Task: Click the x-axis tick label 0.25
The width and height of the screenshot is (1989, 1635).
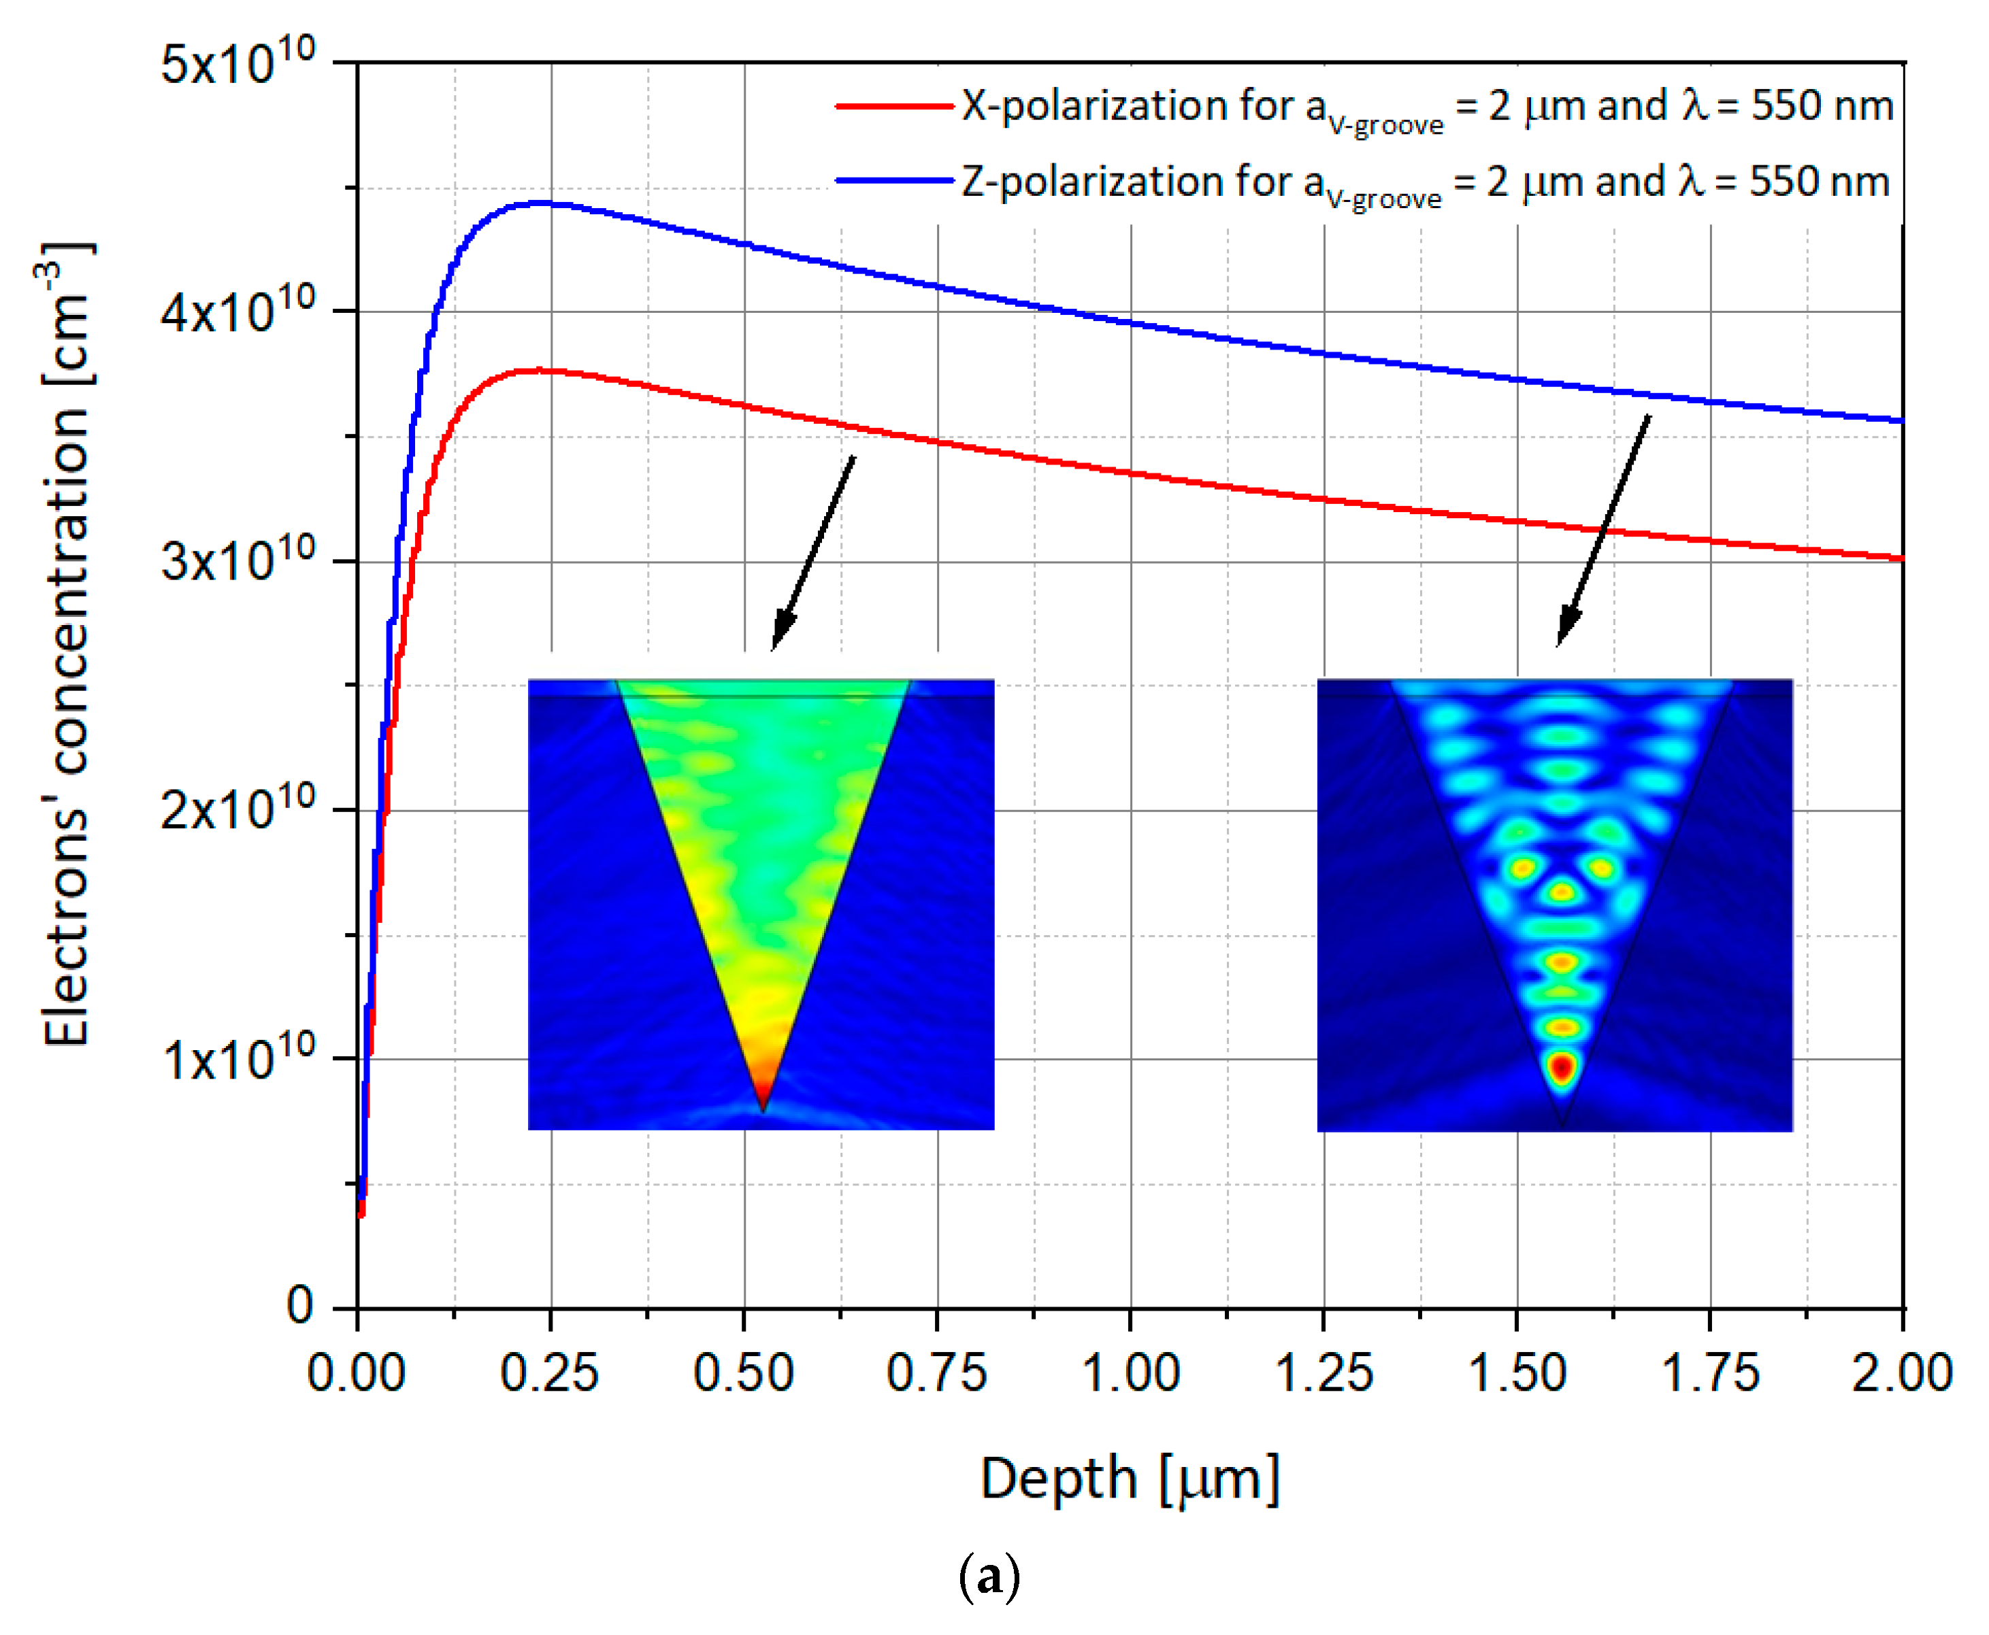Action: pos(549,1373)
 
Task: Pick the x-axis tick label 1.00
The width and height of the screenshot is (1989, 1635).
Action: pos(1130,1373)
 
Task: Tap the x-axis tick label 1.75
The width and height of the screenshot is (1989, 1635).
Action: pos(1709,1373)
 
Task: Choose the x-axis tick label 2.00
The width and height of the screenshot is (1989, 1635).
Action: pos(1901,1373)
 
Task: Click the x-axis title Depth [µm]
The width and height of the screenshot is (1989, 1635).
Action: pos(1130,1479)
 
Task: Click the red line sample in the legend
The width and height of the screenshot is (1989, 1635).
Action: pos(893,106)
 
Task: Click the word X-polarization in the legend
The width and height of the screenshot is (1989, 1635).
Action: pos(1080,105)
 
